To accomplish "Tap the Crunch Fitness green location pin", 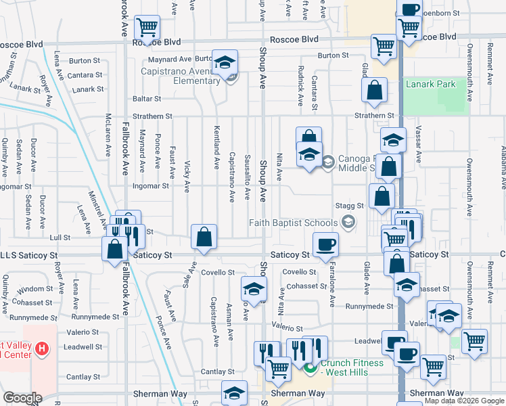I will coord(310,368).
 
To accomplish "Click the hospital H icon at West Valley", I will coord(42,349).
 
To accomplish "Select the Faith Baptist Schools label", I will coord(293,223).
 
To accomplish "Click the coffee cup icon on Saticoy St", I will coord(325,244).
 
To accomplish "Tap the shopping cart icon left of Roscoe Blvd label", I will coord(147,28).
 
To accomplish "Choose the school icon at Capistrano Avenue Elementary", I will coord(225,62).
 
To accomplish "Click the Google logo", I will coord(22,398).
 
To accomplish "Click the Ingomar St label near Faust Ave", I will coord(150,185).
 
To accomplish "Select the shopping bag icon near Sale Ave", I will coord(204,237).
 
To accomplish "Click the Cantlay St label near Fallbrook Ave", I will coord(83,377).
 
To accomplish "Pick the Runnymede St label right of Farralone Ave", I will coord(369,307).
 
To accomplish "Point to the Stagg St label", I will coord(350,205).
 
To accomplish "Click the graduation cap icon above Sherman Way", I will coord(234,393).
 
